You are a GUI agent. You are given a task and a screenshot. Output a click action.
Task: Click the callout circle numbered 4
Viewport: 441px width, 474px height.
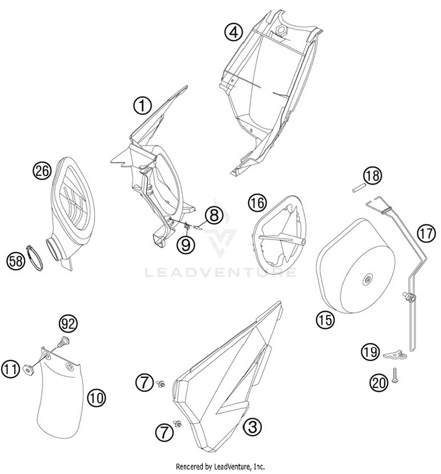[234, 32]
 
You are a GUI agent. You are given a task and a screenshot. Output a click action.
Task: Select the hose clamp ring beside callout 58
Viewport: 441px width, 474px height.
[35, 258]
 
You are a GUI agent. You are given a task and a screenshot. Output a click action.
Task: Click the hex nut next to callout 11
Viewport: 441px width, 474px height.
[28, 369]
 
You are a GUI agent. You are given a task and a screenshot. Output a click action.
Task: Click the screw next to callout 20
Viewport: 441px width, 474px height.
[395, 375]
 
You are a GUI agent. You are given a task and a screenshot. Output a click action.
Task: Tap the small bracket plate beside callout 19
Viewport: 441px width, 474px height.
[395, 355]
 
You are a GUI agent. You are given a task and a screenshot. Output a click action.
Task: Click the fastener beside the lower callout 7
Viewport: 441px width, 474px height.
[177, 424]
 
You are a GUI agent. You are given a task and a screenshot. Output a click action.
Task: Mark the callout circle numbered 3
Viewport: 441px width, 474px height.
[253, 427]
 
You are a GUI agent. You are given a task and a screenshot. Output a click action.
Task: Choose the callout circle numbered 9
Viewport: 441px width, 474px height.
[186, 245]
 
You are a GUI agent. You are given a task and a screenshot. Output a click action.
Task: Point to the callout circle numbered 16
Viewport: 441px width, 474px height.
[258, 203]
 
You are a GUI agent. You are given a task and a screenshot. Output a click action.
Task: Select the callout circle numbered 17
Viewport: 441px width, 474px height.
[426, 233]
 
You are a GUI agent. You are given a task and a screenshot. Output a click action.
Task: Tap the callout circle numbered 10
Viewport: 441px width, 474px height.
[96, 398]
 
